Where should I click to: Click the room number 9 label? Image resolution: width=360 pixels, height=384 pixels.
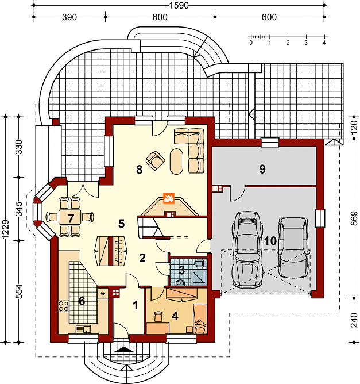[262, 169]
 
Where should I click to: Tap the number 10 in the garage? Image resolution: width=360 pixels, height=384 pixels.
[270, 241]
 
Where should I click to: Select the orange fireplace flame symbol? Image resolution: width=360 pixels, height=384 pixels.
[169, 198]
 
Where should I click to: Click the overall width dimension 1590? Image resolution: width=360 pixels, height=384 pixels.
[179, 5]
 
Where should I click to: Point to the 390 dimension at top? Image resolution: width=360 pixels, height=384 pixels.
[69, 17]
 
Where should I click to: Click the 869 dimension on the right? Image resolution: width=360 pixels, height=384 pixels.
[354, 218]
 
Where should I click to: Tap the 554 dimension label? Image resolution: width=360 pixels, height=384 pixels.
[19, 291]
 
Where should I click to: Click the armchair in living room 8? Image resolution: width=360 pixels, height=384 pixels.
[155, 160]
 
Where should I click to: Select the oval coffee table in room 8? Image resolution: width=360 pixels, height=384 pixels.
[177, 162]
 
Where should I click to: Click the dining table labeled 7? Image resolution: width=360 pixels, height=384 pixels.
[70, 217]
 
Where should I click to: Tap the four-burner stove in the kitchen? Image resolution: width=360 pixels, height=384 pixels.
[64, 306]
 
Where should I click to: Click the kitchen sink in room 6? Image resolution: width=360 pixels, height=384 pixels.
[83, 329]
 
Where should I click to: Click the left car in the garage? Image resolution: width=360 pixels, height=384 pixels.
[247, 249]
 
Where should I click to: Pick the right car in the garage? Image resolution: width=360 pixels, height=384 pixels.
[293, 248]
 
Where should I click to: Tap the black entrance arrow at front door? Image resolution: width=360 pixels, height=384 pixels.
[124, 350]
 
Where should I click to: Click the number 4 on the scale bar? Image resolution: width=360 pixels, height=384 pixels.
[324, 43]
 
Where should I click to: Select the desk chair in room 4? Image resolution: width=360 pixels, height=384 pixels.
[158, 316]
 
